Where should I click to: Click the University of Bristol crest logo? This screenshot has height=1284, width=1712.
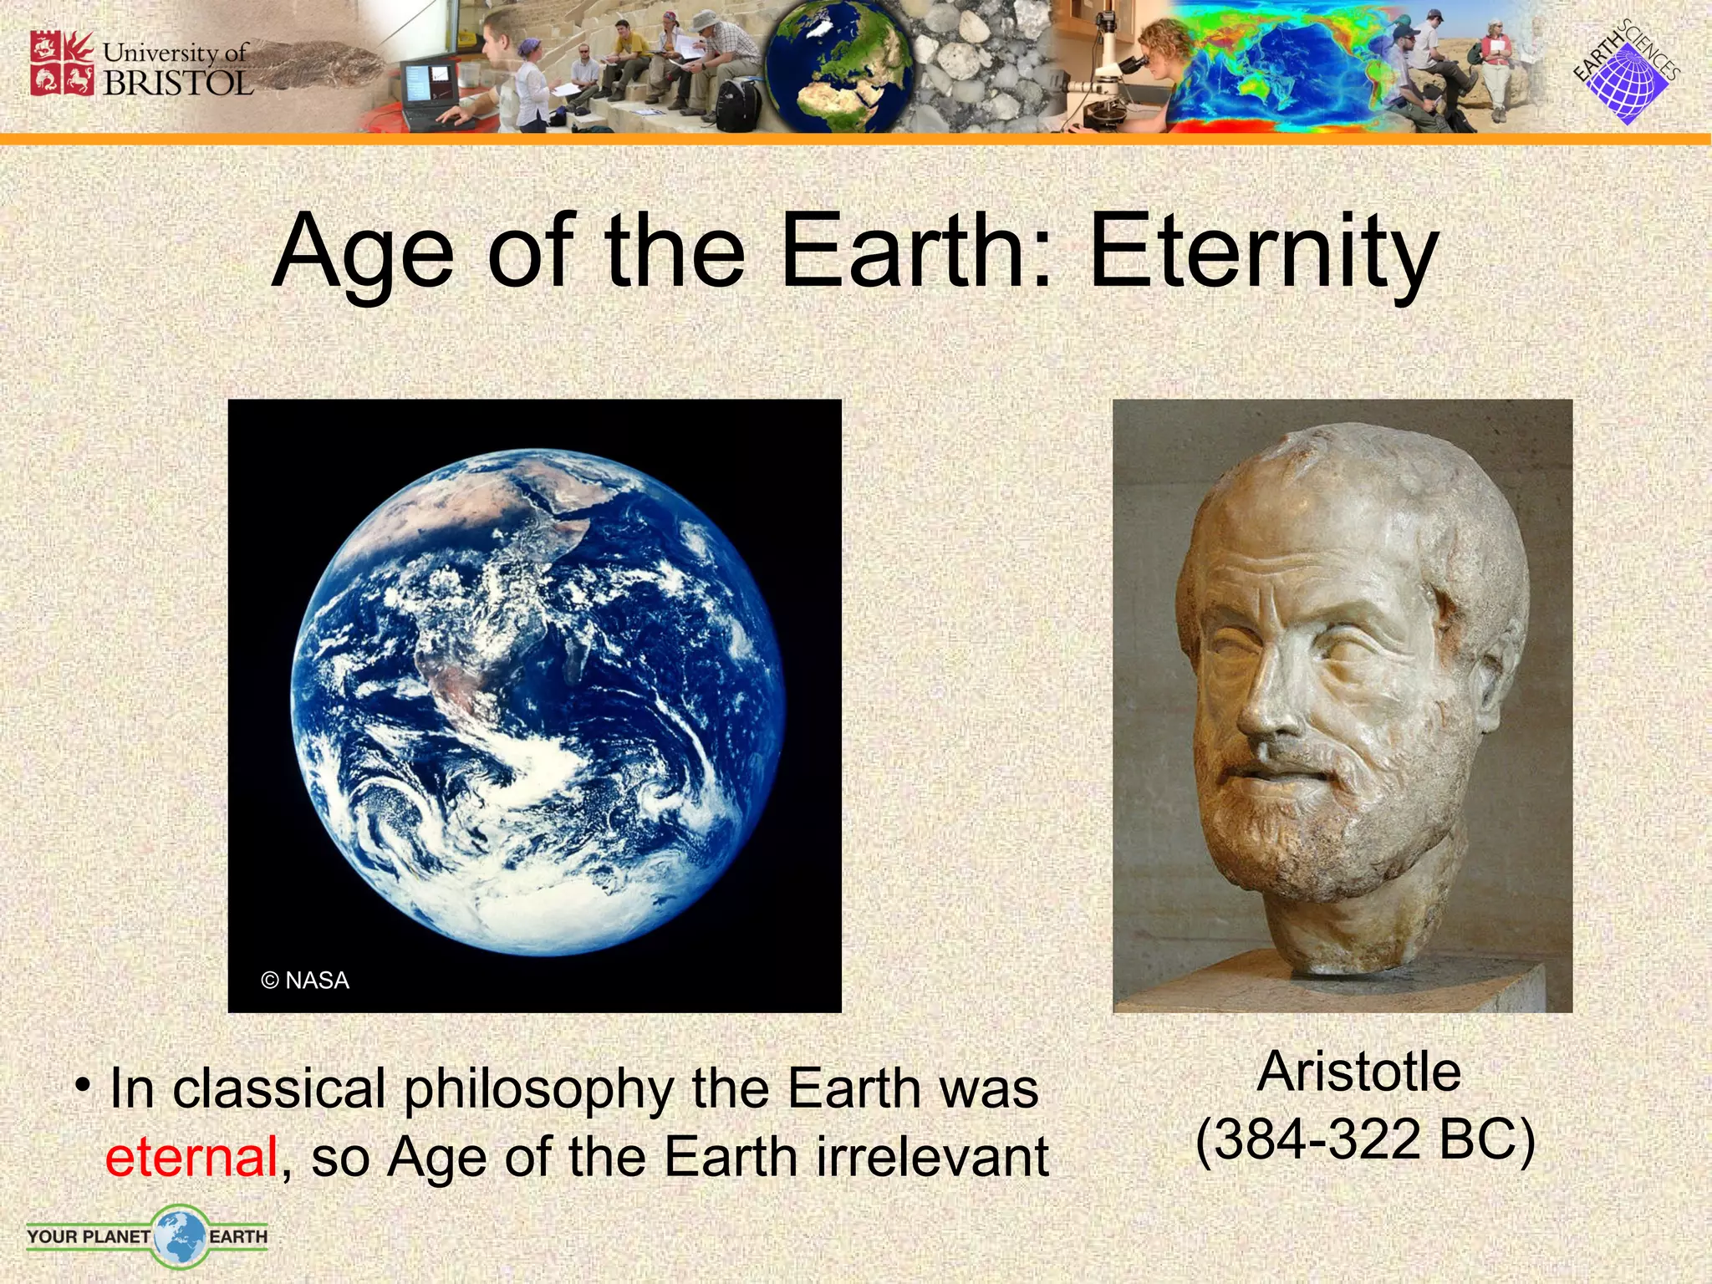[x=62, y=64]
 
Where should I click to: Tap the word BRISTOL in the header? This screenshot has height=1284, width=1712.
[x=177, y=84]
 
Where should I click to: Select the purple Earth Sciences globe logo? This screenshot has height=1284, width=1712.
[x=1627, y=82]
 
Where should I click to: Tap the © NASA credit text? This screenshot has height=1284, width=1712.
[x=305, y=980]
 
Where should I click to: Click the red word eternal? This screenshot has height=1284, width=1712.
[x=191, y=1157]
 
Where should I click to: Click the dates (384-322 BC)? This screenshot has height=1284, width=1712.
[x=1365, y=1139]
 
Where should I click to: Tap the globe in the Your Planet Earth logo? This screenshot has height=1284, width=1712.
[x=179, y=1235]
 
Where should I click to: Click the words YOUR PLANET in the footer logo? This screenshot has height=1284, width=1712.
[x=88, y=1236]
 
